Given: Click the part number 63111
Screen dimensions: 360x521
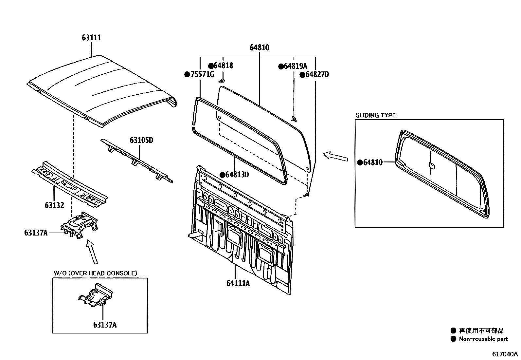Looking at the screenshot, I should point(92,38).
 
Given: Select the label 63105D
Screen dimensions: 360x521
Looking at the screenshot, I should point(141,141).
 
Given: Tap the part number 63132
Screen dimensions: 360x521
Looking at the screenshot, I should point(54,205).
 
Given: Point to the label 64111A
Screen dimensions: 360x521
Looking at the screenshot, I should point(238,283).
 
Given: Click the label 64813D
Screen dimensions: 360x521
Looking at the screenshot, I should point(237,175).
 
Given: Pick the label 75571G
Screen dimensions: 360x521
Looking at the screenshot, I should point(202,74).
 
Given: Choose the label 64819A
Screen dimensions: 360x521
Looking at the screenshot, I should point(296,66).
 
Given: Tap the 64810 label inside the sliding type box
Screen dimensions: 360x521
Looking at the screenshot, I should point(373,162).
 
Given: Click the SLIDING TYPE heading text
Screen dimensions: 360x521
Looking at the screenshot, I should point(375,115).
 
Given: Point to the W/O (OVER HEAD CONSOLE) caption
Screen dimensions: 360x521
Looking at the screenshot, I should point(95,273).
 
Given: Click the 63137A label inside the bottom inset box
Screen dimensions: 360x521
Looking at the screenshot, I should point(105,325).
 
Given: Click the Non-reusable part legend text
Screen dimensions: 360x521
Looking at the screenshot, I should point(483,339).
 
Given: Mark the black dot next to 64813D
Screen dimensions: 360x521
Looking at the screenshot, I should point(222,175).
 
